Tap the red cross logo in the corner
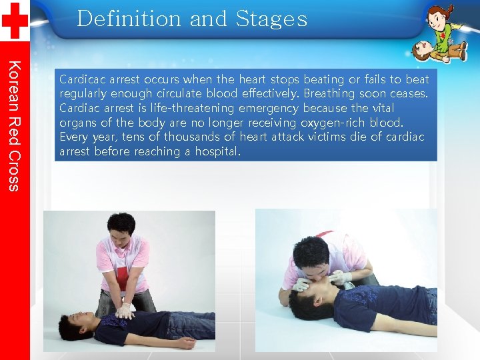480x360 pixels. (15, 20)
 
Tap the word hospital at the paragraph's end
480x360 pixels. (215, 152)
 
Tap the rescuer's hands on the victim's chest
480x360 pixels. (125, 310)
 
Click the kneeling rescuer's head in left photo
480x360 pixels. (121, 230)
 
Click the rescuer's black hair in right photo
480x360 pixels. (311, 253)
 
